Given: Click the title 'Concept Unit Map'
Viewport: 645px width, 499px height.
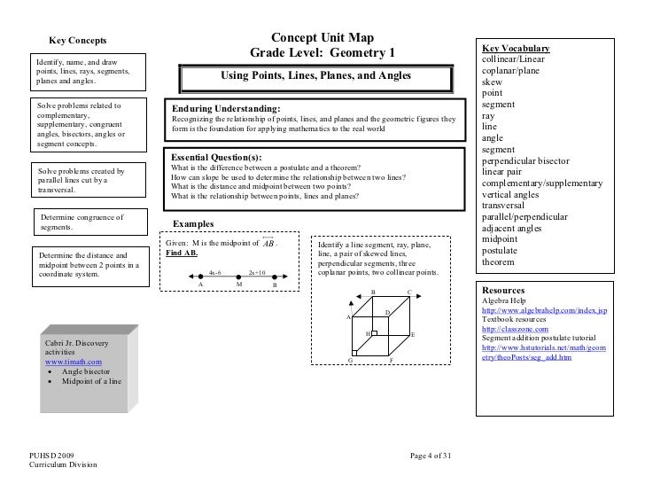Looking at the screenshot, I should [322, 37].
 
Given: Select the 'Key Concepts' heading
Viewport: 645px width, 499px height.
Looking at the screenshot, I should [77, 40].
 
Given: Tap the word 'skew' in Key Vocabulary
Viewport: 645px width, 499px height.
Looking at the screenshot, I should [491, 82].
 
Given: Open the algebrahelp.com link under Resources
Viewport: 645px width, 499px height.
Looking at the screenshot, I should [543, 311].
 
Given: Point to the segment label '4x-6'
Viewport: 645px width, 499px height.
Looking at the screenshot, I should [214, 273].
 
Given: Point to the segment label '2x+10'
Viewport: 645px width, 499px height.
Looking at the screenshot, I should [259, 273].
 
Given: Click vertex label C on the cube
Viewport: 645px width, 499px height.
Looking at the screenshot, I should [408, 292].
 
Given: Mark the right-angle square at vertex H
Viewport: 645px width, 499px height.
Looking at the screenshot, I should [374, 334].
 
